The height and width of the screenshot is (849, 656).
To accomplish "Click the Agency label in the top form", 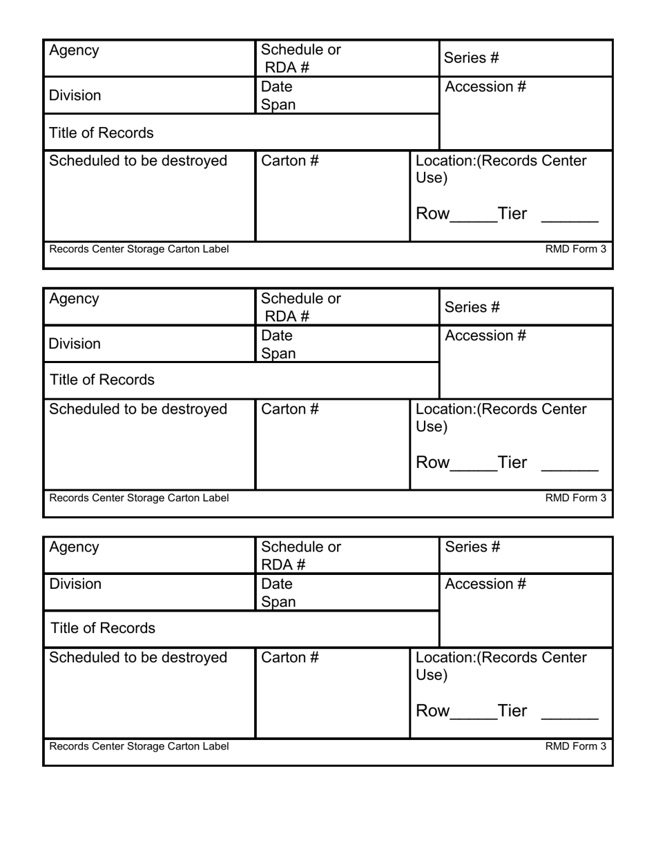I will (x=74, y=50).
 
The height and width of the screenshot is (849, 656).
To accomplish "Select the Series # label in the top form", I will (x=471, y=58).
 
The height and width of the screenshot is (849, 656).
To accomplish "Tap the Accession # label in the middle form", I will (x=485, y=335).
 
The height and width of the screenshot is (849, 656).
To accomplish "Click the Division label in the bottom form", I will (x=75, y=584).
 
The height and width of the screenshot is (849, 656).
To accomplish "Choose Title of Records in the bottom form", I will (x=103, y=628).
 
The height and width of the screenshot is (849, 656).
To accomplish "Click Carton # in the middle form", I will (x=289, y=409).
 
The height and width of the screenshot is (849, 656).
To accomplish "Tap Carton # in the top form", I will (x=289, y=161).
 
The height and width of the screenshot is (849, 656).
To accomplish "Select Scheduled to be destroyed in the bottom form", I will (x=138, y=658).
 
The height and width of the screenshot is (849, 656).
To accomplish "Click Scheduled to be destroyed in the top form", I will (x=138, y=161).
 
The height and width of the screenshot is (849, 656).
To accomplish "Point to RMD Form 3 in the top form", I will (x=575, y=249).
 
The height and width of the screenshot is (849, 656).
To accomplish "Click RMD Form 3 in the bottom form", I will (x=575, y=746).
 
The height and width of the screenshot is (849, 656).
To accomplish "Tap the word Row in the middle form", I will (x=432, y=462).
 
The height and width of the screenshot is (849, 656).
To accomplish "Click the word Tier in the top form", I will (x=512, y=214).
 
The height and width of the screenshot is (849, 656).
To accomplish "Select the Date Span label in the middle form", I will (x=278, y=344).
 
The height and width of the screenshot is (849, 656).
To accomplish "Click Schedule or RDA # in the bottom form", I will (x=300, y=556).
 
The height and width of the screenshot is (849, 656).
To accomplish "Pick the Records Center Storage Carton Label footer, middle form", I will (x=139, y=498).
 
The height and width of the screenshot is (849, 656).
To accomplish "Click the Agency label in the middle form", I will (x=74, y=299).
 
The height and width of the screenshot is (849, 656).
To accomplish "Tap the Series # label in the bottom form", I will (x=472, y=547).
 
